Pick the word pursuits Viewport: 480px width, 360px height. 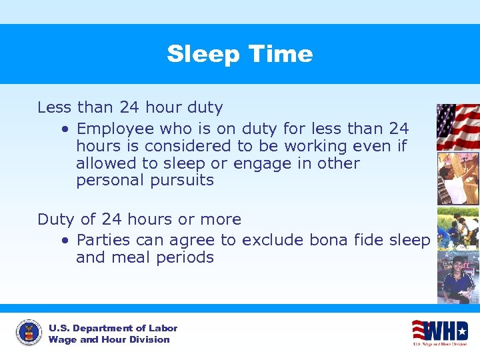(180, 181)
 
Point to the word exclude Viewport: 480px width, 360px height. (270, 240)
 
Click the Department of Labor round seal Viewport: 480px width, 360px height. (29, 333)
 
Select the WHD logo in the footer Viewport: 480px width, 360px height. (439, 332)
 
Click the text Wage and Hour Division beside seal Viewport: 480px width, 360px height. (109, 340)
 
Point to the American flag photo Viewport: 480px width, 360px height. (457, 127)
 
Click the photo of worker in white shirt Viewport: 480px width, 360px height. (457, 179)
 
